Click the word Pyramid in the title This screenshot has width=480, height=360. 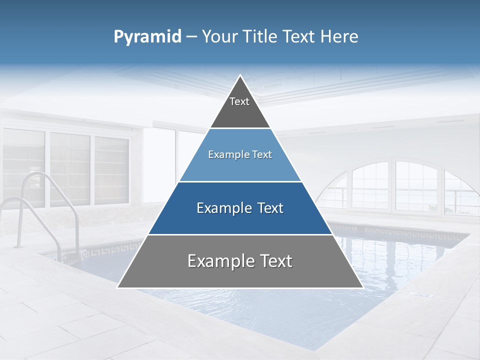(147, 37)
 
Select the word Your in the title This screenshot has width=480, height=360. (220, 37)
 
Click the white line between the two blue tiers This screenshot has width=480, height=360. (240, 181)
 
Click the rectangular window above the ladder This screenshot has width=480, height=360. (70, 167)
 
